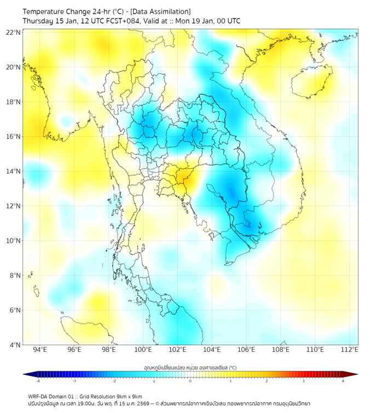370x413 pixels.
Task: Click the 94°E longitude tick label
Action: (40, 350)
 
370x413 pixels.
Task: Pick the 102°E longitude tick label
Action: (177, 350)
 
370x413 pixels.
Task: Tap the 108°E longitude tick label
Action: (281, 350)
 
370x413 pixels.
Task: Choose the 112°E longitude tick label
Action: (349, 350)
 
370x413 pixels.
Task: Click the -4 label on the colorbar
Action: (38, 381)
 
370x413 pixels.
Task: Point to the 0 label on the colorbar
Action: (190, 381)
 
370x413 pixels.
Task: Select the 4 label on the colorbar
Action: (343, 381)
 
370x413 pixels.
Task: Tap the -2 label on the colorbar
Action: (114, 381)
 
